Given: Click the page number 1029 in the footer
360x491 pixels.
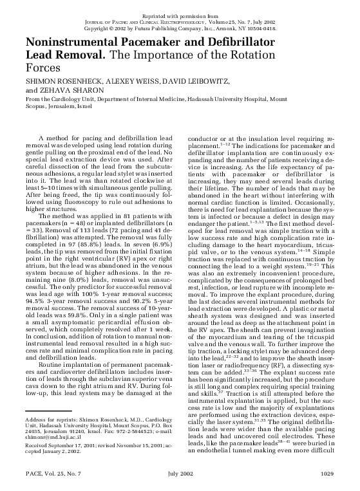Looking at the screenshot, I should coord(327,474).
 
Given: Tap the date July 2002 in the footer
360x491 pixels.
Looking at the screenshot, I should coord(180,474).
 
